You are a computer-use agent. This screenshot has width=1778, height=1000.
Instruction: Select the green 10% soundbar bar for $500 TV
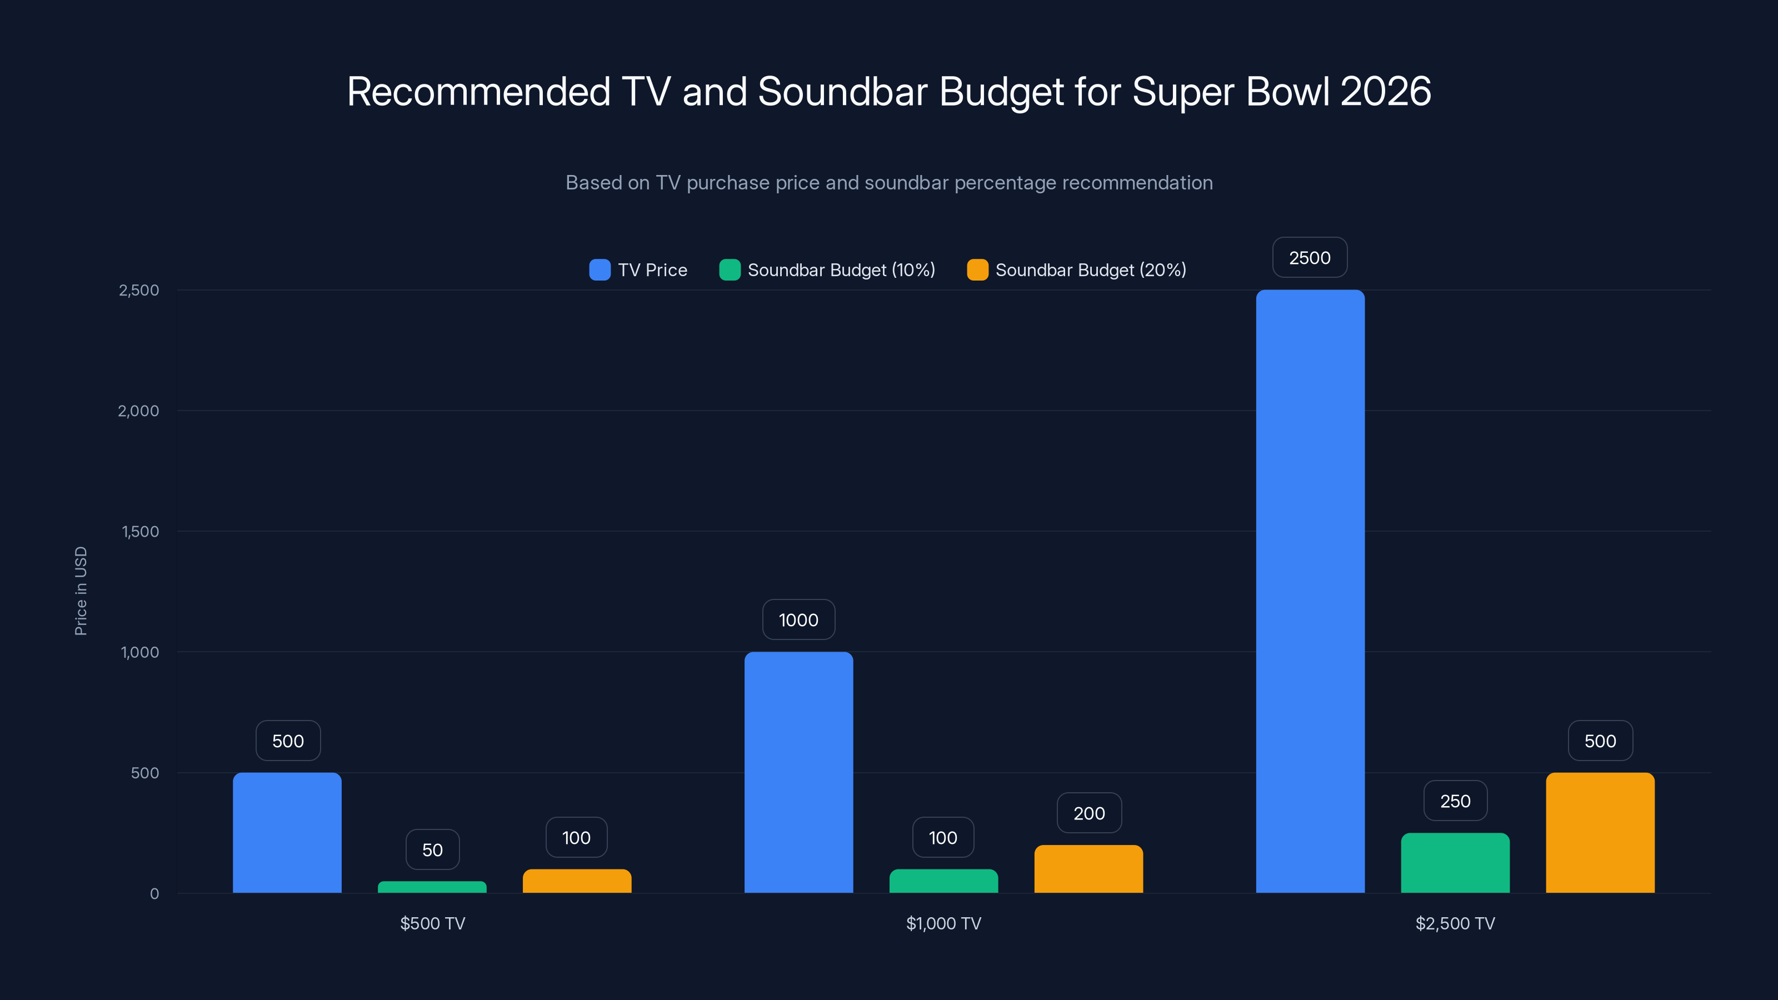pos(432,887)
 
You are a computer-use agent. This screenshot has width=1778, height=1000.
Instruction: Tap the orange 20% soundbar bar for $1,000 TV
pos(1088,869)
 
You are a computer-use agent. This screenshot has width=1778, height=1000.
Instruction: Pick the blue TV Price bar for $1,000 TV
pos(798,772)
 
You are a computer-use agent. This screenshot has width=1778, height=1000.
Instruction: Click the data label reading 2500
pos(1310,258)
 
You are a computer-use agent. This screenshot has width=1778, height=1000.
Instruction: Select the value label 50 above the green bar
pos(432,849)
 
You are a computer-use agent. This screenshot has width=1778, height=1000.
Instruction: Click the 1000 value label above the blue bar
pos(798,620)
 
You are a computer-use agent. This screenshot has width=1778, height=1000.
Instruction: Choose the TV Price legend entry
pos(638,270)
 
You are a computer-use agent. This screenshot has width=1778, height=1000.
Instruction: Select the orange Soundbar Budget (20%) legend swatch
pos(977,270)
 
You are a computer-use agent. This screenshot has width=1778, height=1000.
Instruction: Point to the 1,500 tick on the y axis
pos(140,532)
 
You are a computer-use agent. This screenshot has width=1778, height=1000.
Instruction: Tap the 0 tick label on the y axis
pos(154,894)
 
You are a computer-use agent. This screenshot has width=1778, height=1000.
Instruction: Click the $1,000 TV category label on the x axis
pos(943,923)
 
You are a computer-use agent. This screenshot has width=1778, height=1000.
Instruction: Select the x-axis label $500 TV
pos(433,923)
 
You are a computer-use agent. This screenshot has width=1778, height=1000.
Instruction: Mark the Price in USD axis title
pos(81,591)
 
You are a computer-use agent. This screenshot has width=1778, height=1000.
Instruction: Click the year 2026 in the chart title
pos(1385,91)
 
